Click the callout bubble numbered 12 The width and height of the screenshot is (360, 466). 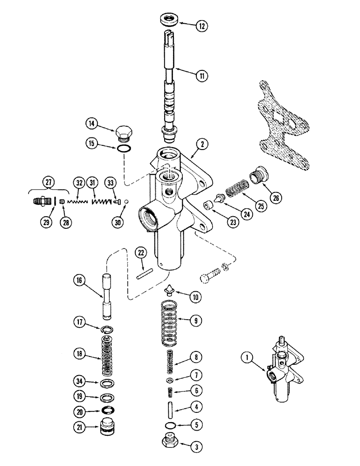pos(201,27)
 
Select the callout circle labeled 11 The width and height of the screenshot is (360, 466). pos(201,75)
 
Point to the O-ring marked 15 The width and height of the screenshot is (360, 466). pos(123,149)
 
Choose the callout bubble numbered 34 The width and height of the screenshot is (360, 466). pos(80,383)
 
